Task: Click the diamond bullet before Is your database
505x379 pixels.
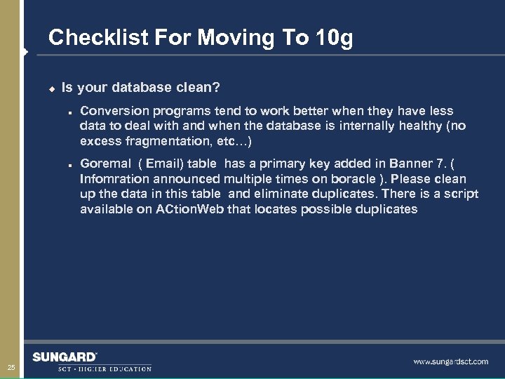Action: pyautogui.click(x=51, y=88)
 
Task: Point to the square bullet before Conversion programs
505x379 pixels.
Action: pyautogui.click(x=72, y=111)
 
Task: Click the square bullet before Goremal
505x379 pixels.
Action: pyautogui.click(x=72, y=164)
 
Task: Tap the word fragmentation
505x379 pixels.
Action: pyautogui.click(x=163, y=142)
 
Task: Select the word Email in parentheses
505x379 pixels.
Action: pyautogui.click(x=163, y=164)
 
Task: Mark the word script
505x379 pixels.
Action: pyautogui.click(x=462, y=194)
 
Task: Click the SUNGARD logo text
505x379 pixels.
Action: pyautogui.click(x=64, y=357)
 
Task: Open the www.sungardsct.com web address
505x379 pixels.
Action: pyautogui.click(x=450, y=361)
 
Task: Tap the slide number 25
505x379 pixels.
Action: pyautogui.click(x=11, y=368)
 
